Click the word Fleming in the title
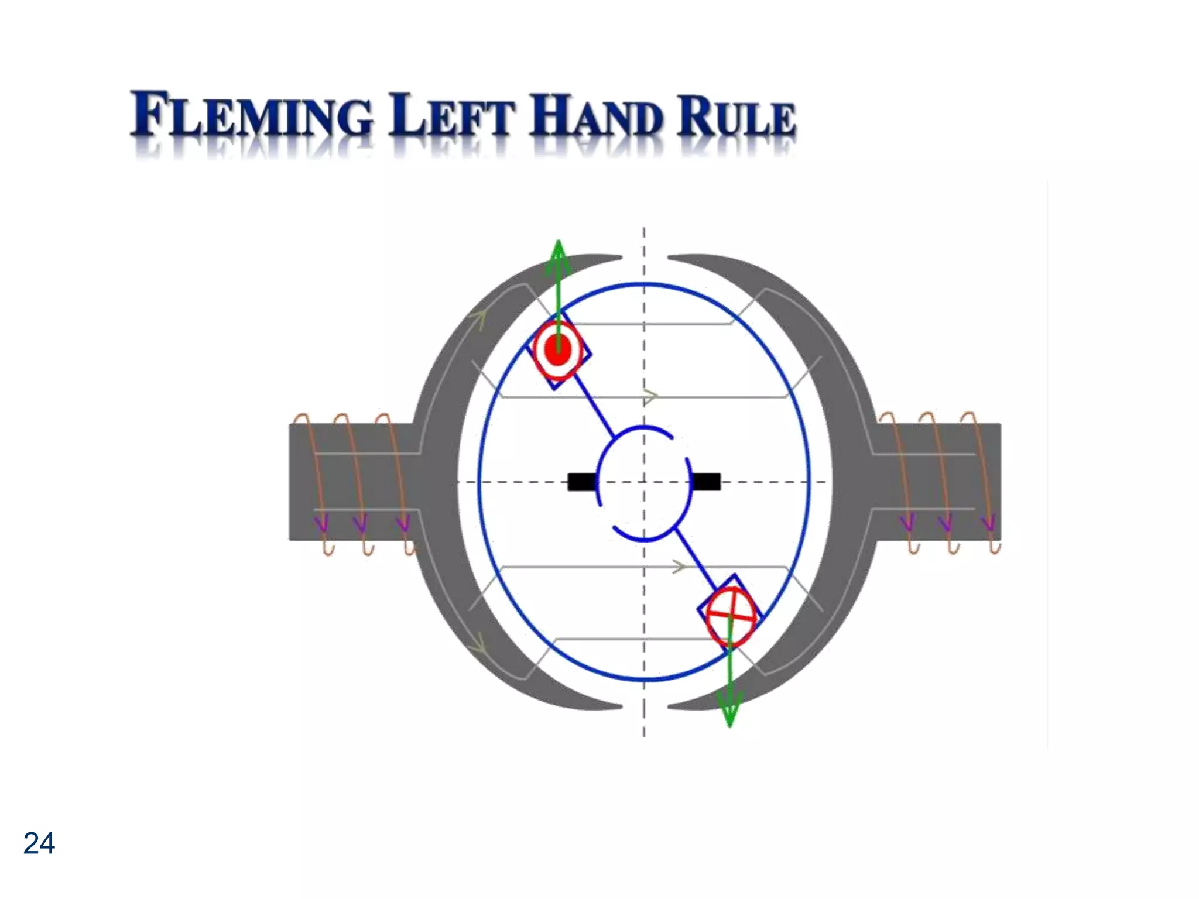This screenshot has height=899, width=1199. [x=252, y=115]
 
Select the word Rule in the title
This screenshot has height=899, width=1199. [x=736, y=116]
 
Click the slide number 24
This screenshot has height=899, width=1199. [x=39, y=843]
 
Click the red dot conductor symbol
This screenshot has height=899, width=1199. [x=558, y=349]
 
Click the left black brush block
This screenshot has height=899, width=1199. [x=581, y=482]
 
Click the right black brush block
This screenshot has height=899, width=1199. [x=706, y=482]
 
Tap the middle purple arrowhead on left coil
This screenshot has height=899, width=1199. [x=361, y=523]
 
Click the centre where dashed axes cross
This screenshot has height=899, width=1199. [x=644, y=482]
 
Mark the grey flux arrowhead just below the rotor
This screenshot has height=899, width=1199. [x=679, y=567]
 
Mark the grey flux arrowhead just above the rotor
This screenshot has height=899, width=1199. [x=650, y=397]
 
